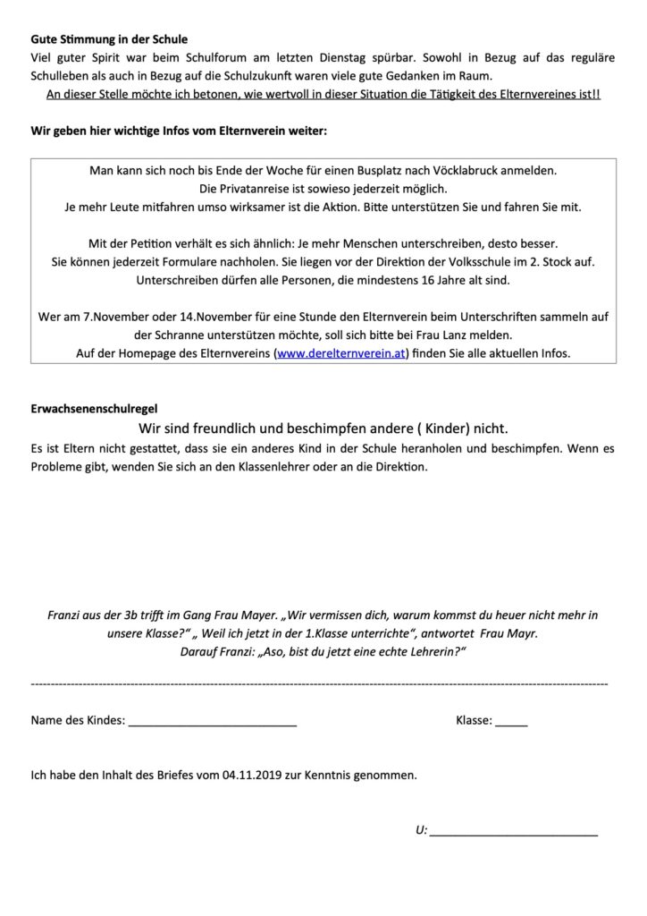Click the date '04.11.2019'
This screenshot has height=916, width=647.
pos(256,776)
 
